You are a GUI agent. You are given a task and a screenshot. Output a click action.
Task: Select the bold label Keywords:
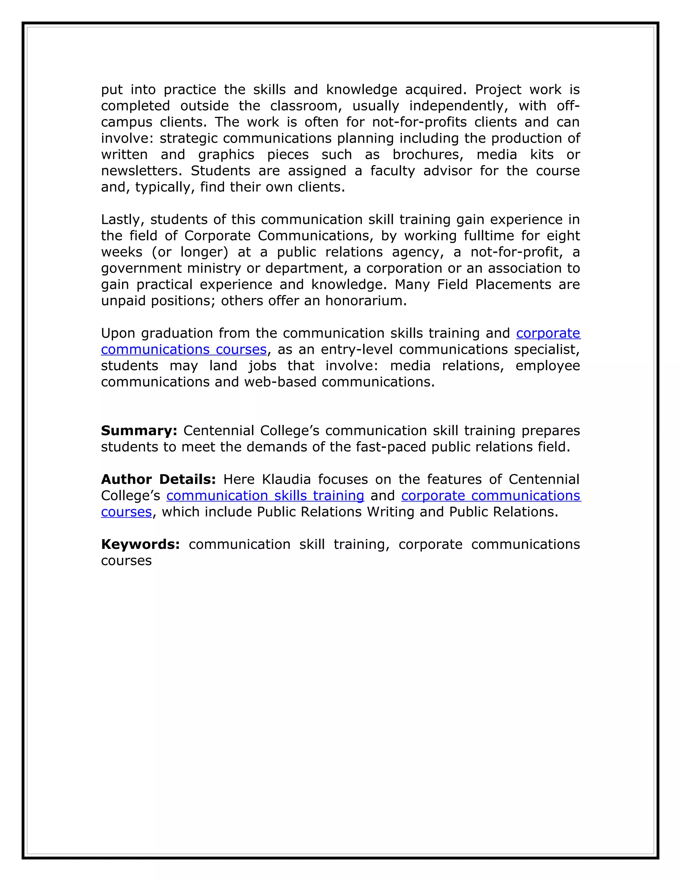click(x=140, y=544)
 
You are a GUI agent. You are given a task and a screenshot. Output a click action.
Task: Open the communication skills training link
click(x=265, y=495)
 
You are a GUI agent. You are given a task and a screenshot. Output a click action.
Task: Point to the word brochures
click(x=428, y=155)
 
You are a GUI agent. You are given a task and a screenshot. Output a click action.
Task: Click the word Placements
click(x=513, y=284)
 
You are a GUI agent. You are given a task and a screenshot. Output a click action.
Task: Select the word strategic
click(x=189, y=138)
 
